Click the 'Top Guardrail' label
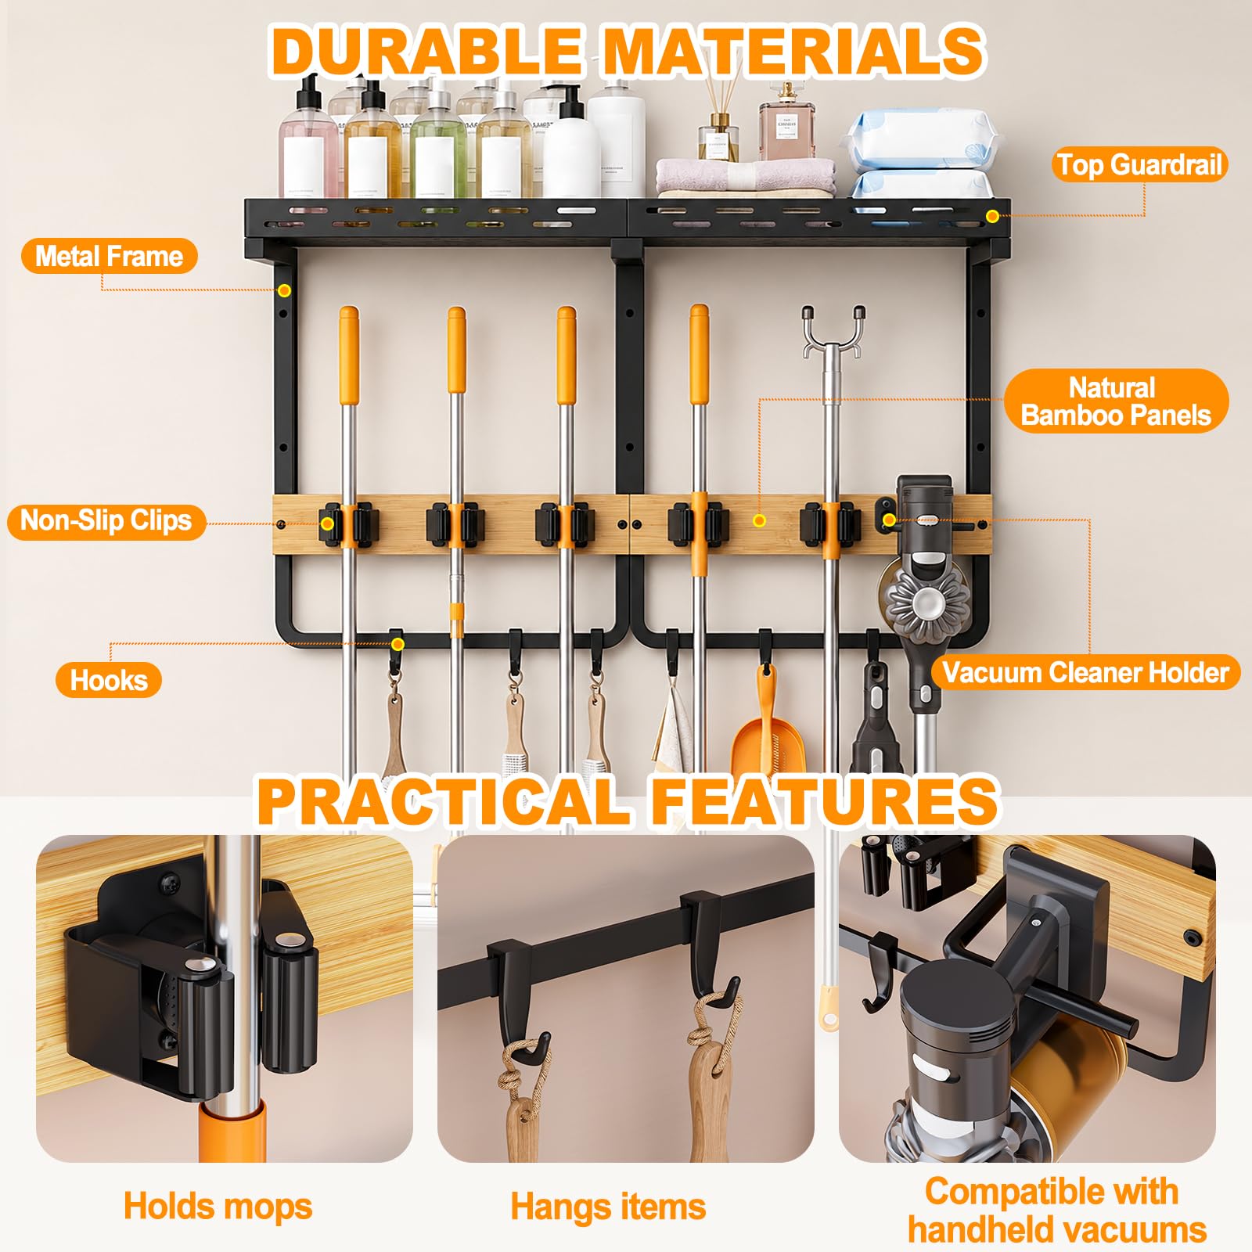(1139, 165)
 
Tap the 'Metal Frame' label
(109, 257)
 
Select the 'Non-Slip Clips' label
(106, 520)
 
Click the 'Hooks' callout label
(109, 680)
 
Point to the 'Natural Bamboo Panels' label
(1116, 401)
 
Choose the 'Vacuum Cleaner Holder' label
(1085, 672)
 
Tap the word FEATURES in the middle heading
(825, 801)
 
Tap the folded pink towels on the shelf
(746, 178)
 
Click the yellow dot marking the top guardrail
(992, 216)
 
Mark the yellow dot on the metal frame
(284, 291)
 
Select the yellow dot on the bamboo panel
(759, 520)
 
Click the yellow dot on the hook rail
(398, 644)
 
